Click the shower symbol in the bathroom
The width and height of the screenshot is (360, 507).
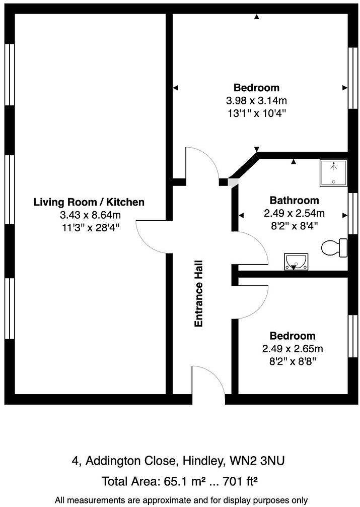333,173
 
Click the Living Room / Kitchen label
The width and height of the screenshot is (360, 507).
89,202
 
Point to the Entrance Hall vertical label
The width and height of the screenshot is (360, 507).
199,293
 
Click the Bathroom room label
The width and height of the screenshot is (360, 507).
294,200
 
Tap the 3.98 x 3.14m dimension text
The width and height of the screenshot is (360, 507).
256,100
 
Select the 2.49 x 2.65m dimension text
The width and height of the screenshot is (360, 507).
293,348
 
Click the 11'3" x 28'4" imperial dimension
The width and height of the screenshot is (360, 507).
89,227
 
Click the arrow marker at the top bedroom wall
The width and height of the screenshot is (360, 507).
257,18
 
